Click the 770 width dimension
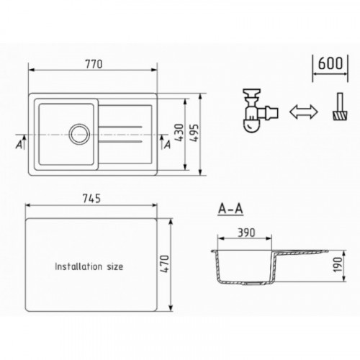94,64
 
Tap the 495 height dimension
194,132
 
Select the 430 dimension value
179,132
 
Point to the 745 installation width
91,199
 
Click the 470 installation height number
165,264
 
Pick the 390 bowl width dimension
246,233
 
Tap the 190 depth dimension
338,264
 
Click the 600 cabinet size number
330,63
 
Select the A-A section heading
230,209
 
